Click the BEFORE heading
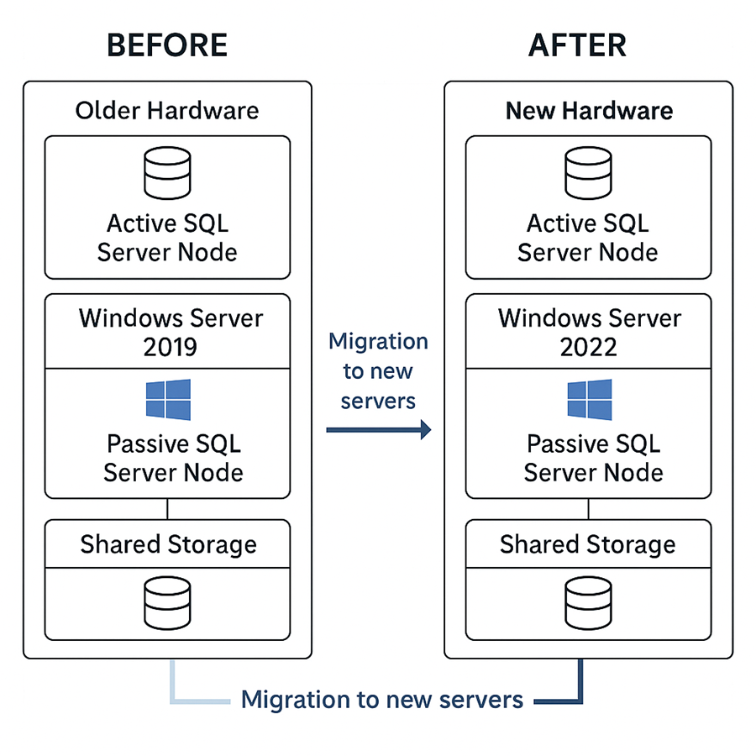[x=167, y=45]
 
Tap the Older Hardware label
[x=167, y=110]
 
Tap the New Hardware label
[x=589, y=111]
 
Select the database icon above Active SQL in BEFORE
[x=167, y=173]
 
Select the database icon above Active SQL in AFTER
[x=588, y=173]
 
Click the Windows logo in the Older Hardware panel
[x=168, y=399]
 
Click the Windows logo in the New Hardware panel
[x=589, y=399]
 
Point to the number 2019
[x=171, y=347]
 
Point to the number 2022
[x=589, y=347]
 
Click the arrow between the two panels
[x=378, y=430]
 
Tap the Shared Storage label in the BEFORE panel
[x=168, y=544]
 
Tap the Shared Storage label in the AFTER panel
[x=588, y=544]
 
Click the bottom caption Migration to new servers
[x=382, y=699]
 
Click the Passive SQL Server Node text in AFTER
[x=593, y=458]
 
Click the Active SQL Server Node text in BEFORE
[x=167, y=238]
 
